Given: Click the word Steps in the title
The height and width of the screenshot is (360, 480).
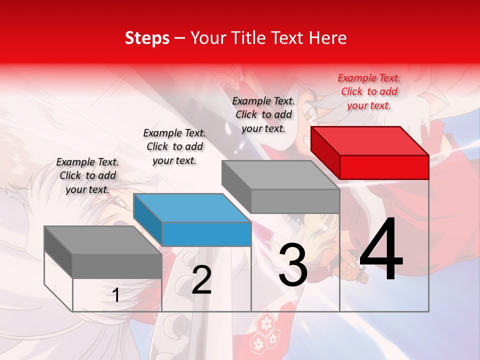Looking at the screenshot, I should point(147,38).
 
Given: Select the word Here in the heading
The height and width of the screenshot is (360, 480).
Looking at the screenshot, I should point(328,38).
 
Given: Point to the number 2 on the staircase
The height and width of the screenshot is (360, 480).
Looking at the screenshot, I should point(201,280).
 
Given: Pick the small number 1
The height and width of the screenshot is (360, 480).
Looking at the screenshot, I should point(116,295).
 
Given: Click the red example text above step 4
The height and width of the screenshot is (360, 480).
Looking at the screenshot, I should point(369,91).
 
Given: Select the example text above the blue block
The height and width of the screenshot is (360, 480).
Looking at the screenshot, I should point(174,146).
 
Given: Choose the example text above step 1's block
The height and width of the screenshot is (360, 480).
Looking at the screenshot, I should point(87,175).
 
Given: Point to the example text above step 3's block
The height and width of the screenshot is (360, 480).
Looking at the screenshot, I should point(263,114).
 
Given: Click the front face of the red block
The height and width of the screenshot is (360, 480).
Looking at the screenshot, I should point(384,167).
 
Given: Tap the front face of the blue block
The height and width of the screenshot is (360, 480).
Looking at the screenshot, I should point(206,234).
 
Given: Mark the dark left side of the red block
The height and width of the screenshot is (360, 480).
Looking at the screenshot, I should point(325,152).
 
